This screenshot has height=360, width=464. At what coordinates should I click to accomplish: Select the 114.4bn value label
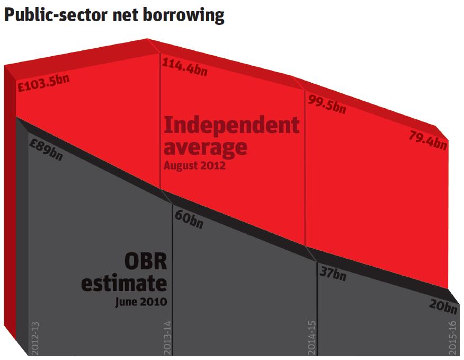click(x=185, y=67)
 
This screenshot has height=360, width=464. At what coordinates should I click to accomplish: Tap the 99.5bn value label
click(x=327, y=104)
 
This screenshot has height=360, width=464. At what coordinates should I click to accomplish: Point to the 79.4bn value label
click(x=428, y=140)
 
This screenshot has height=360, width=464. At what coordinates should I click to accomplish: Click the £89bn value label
click(x=46, y=150)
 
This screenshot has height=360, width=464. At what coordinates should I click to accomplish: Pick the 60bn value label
click(x=189, y=219)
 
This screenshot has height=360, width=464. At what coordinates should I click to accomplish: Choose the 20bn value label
click(x=443, y=306)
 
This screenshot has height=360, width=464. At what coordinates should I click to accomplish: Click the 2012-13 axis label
click(x=35, y=338)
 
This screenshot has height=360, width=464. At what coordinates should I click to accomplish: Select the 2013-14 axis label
click(x=167, y=338)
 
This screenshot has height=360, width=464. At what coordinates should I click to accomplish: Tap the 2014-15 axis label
click(x=312, y=338)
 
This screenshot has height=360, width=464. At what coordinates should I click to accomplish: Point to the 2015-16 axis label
click(x=453, y=338)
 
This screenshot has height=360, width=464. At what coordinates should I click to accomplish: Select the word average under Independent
click(x=206, y=147)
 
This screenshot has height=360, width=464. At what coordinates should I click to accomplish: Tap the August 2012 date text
click(x=194, y=165)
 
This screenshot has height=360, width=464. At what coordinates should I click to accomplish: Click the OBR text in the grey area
click(x=146, y=261)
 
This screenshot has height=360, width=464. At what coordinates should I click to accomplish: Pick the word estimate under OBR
click(x=124, y=283)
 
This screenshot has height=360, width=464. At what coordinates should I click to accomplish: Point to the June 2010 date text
click(x=141, y=302)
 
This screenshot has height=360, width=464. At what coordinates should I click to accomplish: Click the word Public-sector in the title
click(x=55, y=15)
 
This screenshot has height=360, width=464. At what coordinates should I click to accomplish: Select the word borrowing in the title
click(x=183, y=15)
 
